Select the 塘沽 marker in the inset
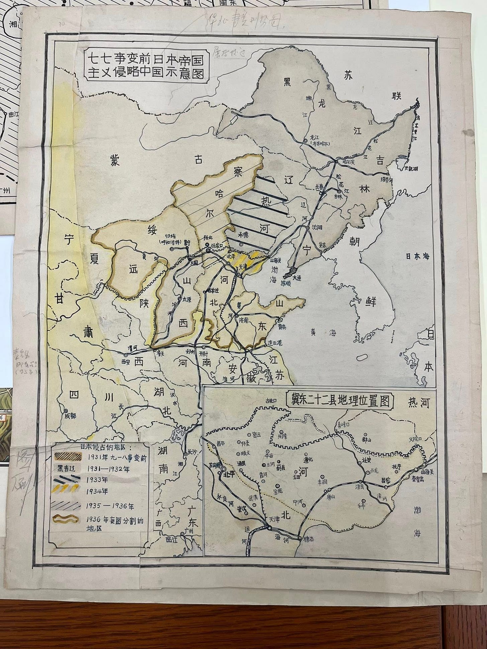[x=299, y=537]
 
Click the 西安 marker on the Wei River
[x=126, y=355]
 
